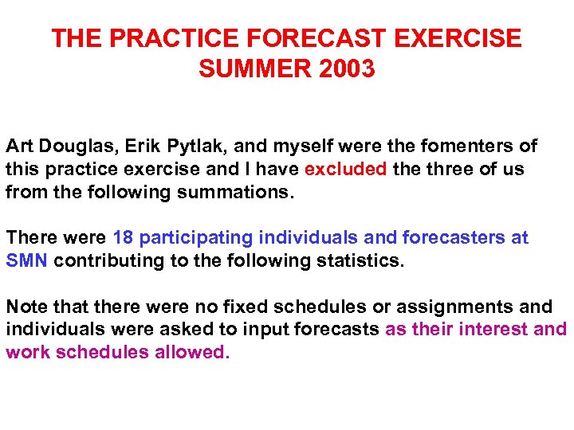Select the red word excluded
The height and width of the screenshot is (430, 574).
(345, 170)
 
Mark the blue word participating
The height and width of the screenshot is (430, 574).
(193, 238)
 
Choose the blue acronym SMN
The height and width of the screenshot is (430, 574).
(27, 261)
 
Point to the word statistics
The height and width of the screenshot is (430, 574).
(362, 261)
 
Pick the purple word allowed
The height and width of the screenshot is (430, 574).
(191, 353)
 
